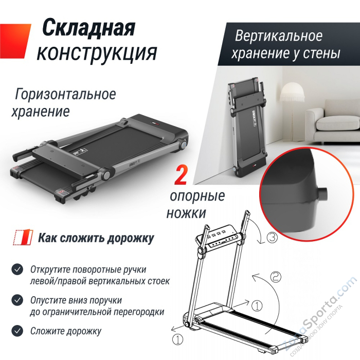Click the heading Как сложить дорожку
(x=96, y=239)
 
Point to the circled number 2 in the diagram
(x=276, y=277)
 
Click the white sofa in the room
(x=337, y=123)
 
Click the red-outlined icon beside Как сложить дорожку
(x=20, y=239)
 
